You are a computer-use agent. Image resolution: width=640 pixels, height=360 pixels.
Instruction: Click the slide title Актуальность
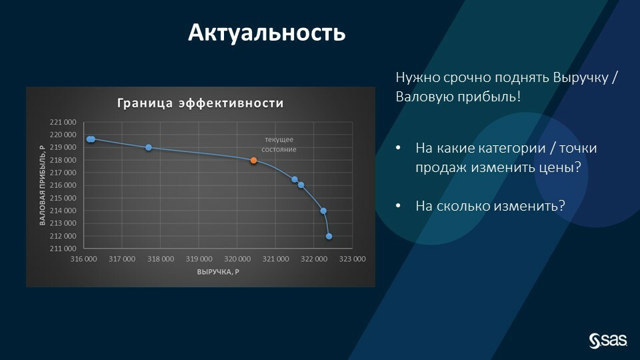[267, 33]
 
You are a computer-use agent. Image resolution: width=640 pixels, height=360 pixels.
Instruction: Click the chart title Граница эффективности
[201, 103]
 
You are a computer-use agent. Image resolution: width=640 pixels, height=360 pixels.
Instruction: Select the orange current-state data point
[253, 161]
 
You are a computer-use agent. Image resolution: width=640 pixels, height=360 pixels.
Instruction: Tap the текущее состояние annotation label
[279, 145]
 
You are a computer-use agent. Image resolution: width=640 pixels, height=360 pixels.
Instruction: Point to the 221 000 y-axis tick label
[63, 122]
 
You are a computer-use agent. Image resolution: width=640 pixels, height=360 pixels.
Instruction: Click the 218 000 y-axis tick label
[63, 160]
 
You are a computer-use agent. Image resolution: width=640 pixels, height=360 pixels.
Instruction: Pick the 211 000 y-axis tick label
[63, 248]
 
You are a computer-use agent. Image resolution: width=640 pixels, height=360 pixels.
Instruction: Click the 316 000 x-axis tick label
[84, 259]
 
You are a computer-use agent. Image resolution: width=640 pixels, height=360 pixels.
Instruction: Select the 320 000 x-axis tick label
[237, 259]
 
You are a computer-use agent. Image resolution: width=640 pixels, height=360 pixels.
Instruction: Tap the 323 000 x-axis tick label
[352, 259]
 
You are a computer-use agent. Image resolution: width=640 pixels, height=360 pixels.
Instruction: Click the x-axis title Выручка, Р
[218, 272]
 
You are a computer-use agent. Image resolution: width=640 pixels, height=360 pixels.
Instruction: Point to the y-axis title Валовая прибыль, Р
[42, 185]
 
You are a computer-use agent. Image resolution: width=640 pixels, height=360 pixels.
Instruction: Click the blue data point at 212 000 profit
[329, 236]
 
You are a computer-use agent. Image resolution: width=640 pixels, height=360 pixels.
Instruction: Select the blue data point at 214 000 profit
[323, 211]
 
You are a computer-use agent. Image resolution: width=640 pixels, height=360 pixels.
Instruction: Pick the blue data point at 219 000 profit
[149, 147]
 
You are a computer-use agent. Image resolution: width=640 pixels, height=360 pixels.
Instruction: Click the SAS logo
[608, 341]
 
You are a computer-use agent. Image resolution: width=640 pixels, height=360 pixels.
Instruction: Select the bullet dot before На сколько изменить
[399, 206]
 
